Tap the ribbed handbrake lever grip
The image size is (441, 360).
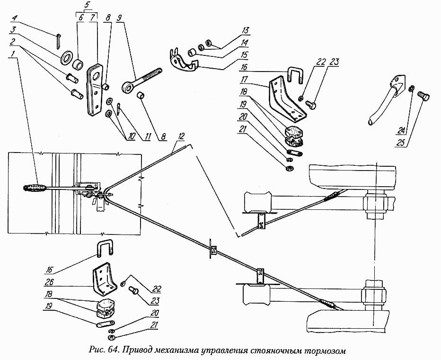click(35, 188)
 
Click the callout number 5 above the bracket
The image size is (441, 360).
click(86, 5)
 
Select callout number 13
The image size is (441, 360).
click(246, 30)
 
